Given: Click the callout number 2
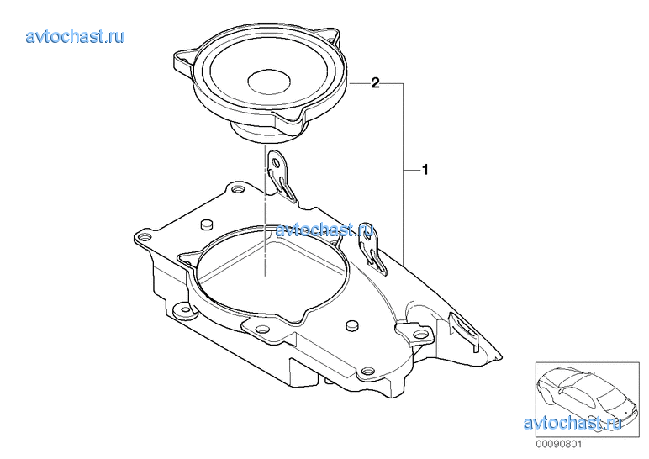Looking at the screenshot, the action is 375,83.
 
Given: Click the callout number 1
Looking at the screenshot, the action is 425,170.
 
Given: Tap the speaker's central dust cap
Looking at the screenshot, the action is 269,81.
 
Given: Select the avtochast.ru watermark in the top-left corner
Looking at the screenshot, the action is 75,36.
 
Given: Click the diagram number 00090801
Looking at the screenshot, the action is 559,445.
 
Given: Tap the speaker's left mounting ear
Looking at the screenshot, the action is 183,61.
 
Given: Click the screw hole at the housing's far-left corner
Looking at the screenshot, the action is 145,238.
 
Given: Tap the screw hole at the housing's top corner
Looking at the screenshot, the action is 237,189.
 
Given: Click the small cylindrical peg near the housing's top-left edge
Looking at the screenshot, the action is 207,224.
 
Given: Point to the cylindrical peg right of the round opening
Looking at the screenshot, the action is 351,324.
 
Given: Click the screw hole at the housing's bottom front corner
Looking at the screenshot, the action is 366,371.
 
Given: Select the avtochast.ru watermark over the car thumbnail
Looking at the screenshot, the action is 572,423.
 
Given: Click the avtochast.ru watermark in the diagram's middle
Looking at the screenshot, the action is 324,229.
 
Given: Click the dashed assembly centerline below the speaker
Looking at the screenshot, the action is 265,210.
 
